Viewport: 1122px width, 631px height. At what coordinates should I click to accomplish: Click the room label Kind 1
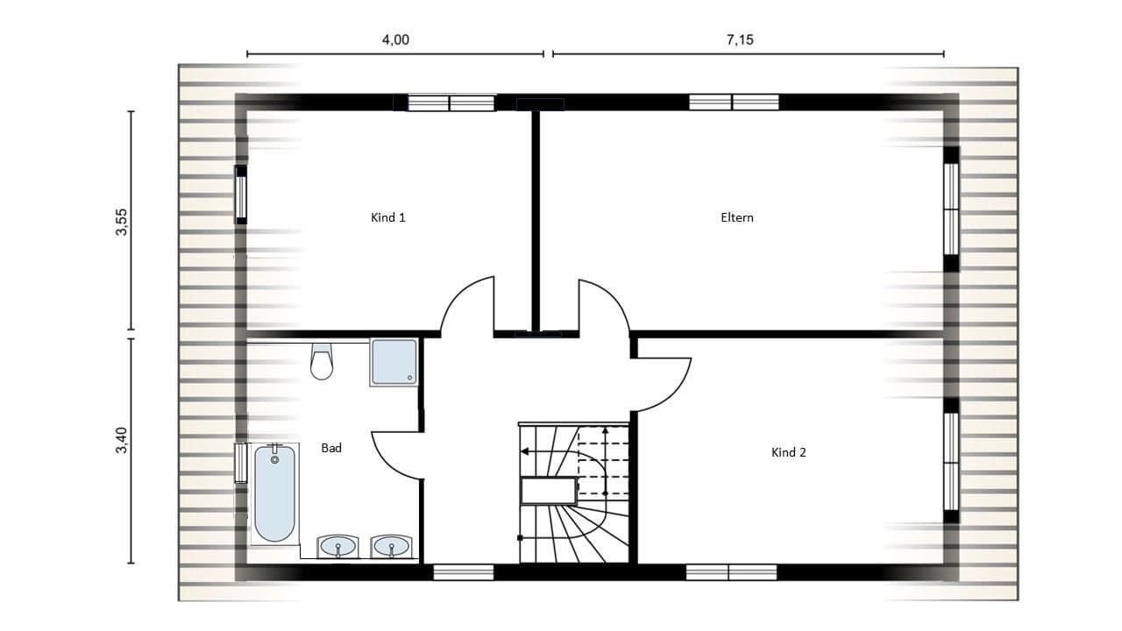387,217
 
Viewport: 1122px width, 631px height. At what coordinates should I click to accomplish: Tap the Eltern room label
736,217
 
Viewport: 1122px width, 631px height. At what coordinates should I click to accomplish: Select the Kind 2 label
788,452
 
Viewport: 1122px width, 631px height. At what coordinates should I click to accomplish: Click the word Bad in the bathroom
330,448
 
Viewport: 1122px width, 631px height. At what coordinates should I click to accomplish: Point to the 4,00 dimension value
395,40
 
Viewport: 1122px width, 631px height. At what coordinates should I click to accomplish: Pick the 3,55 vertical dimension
122,223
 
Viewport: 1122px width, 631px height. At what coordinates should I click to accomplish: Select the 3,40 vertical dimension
122,440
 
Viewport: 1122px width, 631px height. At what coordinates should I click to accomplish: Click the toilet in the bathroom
322,361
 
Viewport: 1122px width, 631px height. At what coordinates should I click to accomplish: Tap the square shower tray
393,363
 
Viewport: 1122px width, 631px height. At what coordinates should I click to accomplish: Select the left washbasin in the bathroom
337,547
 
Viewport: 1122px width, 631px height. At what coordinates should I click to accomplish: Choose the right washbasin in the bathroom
390,547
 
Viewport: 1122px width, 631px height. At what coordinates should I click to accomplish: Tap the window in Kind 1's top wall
450,103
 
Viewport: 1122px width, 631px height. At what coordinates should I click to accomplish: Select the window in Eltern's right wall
951,209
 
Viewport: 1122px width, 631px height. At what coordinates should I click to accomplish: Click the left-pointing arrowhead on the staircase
525,451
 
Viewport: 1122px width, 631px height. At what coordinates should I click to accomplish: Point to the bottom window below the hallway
464,572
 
